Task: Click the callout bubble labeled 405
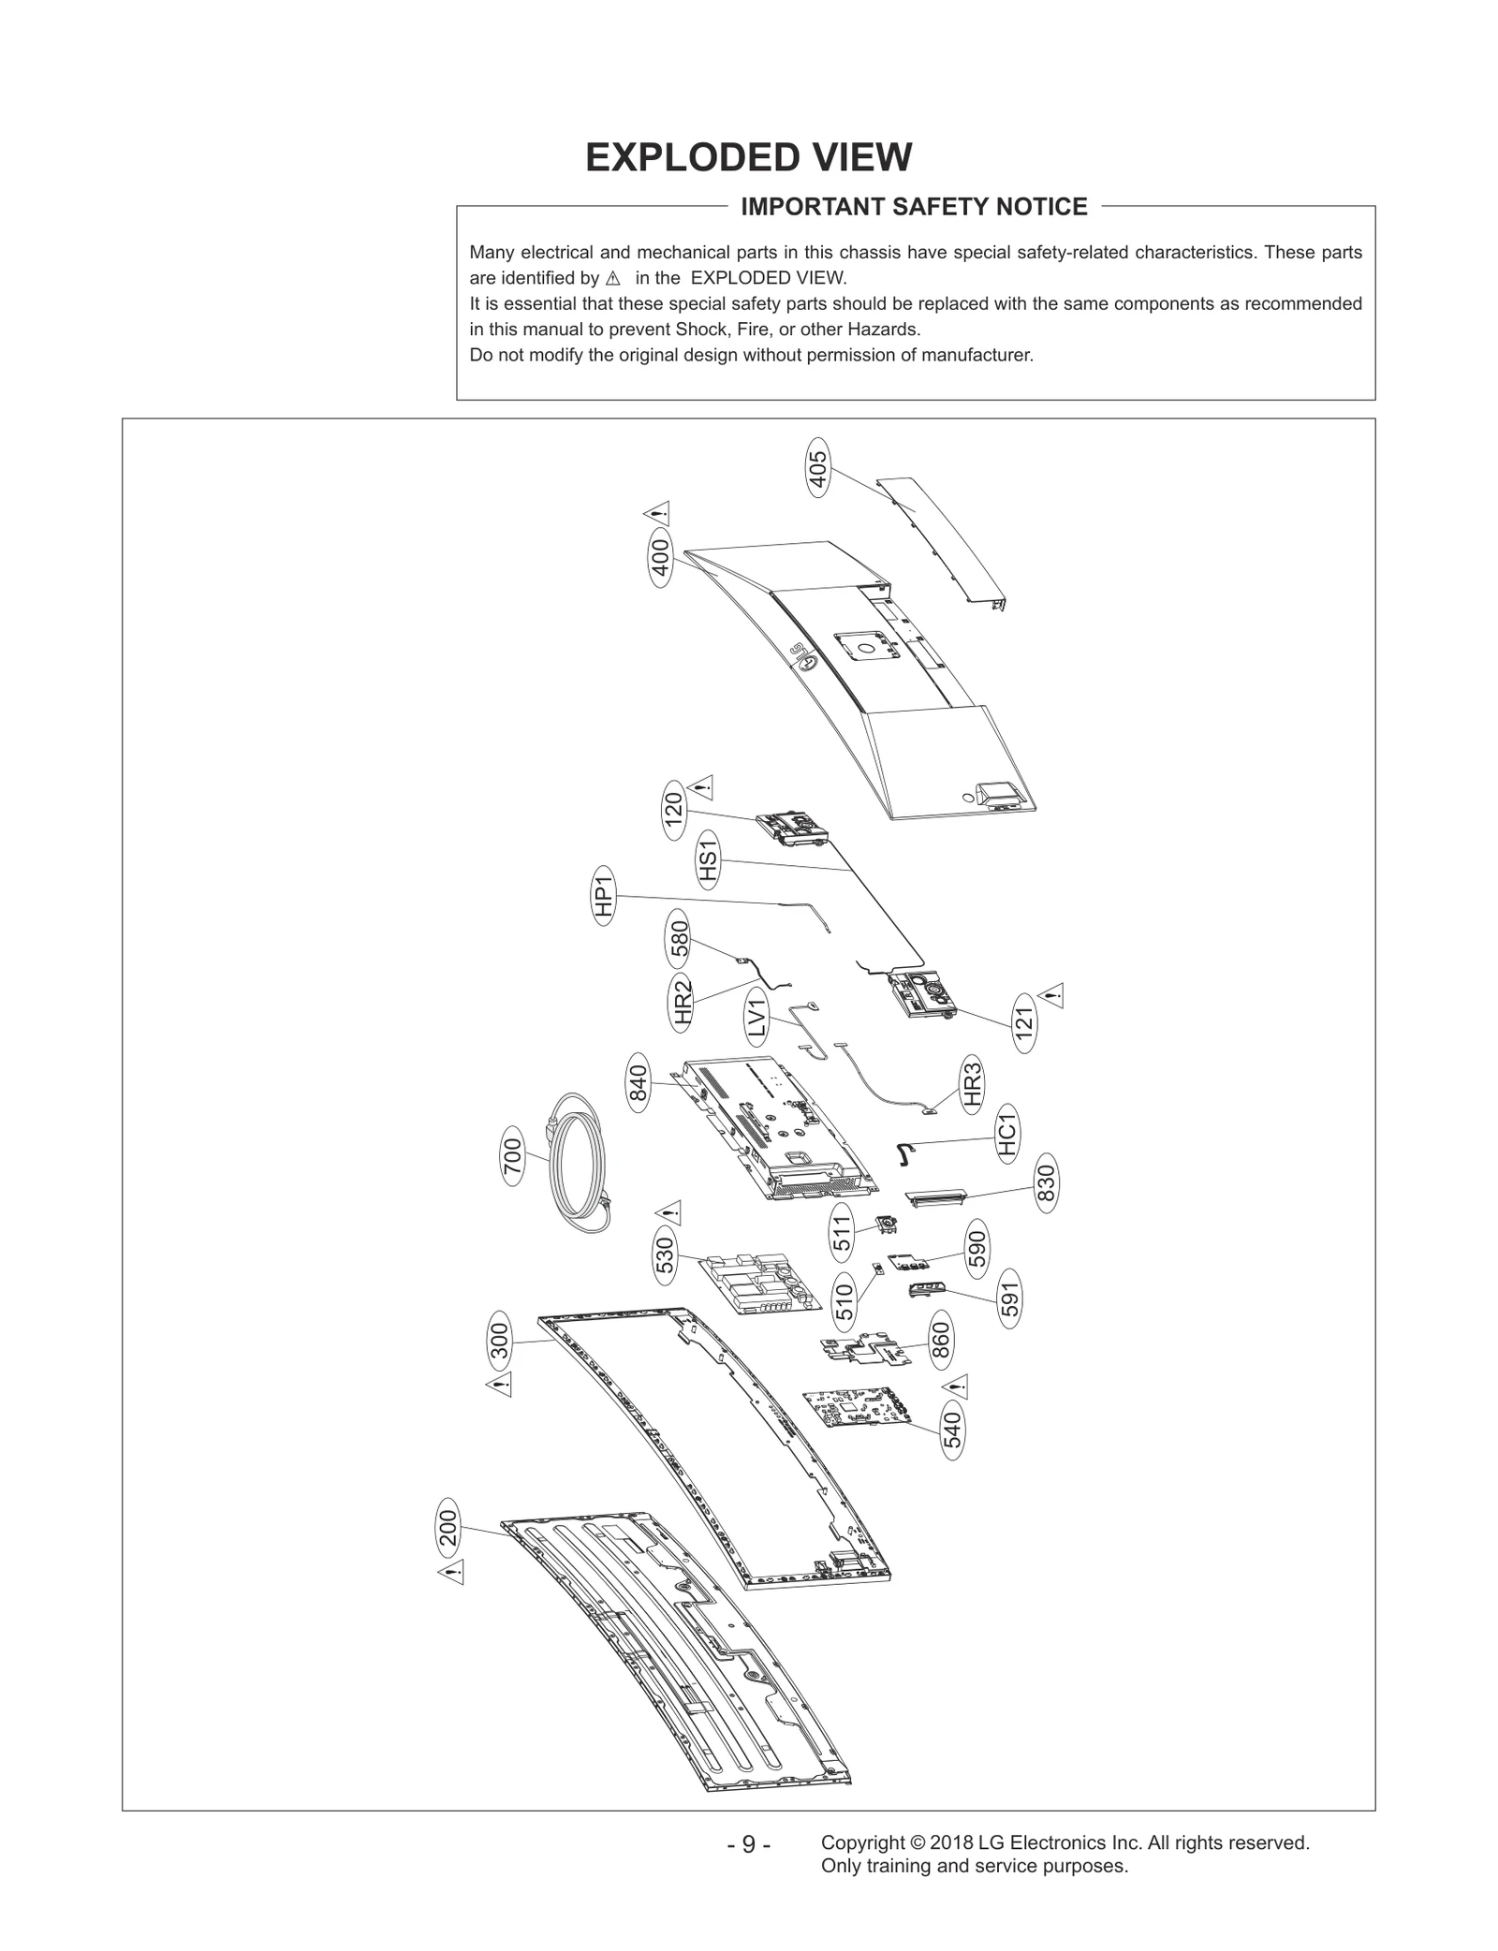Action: click(x=818, y=468)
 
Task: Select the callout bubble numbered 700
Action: click(x=512, y=1160)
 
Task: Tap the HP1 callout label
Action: click(x=604, y=896)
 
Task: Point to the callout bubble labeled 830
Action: click(x=1046, y=1183)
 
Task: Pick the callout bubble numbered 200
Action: click(x=448, y=1528)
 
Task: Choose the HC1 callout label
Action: click(x=1007, y=1135)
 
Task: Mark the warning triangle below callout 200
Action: click(x=451, y=1573)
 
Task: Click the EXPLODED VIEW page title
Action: click(x=748, y=157)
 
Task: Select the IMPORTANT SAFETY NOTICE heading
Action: click(x=914, y=207)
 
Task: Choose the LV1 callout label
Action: click(x=758, y=1018)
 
